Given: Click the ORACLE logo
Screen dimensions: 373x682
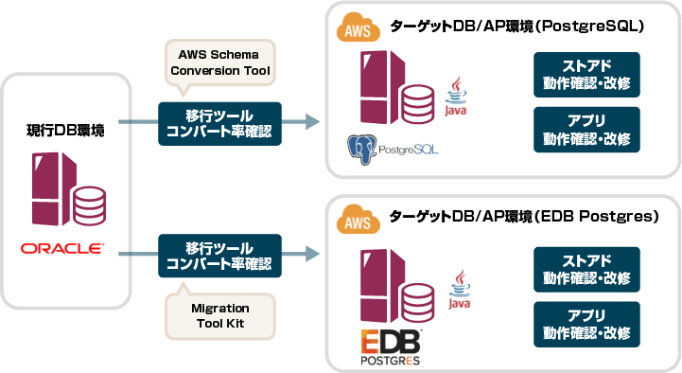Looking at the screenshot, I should coord(62,249).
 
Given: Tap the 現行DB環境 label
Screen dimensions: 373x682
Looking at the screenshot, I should coord(65,130).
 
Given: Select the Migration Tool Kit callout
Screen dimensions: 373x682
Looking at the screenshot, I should coord(219,315).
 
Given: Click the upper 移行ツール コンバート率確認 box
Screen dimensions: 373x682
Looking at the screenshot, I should coord(219,123).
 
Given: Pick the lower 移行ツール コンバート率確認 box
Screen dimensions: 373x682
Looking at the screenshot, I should coord(219,257).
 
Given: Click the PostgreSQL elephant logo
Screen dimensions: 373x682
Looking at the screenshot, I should coord(362,148).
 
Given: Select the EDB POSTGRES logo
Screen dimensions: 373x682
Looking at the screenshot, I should coord(390,347).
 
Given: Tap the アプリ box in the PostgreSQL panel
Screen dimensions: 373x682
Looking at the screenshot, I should coord(586,130).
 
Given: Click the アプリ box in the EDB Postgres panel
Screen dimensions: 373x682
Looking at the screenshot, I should coord(586,324).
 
